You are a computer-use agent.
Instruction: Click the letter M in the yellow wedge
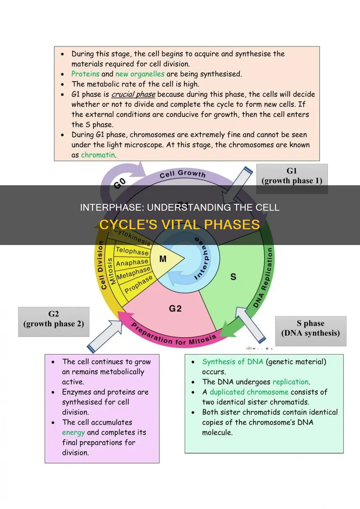pyautogui.click(x=163, y=259)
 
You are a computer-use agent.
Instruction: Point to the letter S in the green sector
pyautogui.click(x=233, y=277)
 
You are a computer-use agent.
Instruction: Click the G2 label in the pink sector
pyautogui.click(x=175, y=309)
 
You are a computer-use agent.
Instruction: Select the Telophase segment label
pyautogui.click(x=132, y=251)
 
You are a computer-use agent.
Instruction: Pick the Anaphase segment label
pyautogui.click(x=132, y=263)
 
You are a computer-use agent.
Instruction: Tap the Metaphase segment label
pyautogui.click(x=134, y=273)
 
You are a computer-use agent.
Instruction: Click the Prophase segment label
pyautogui.click(x=139, y=284)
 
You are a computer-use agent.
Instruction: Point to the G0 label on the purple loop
pyautogui.click(x=120, y=183)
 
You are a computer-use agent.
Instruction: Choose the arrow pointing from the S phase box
pyautogui.click(x=252, y=327)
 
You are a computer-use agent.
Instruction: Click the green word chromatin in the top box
pyautogui.click(x=98, y=155)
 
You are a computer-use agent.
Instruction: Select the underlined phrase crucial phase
pyautogui.click(x=133, y=94)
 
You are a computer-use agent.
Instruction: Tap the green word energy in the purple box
pyautogui.click(x=73, y=433)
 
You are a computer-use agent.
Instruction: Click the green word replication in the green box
pyautogui.click(x=290, y=382)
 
